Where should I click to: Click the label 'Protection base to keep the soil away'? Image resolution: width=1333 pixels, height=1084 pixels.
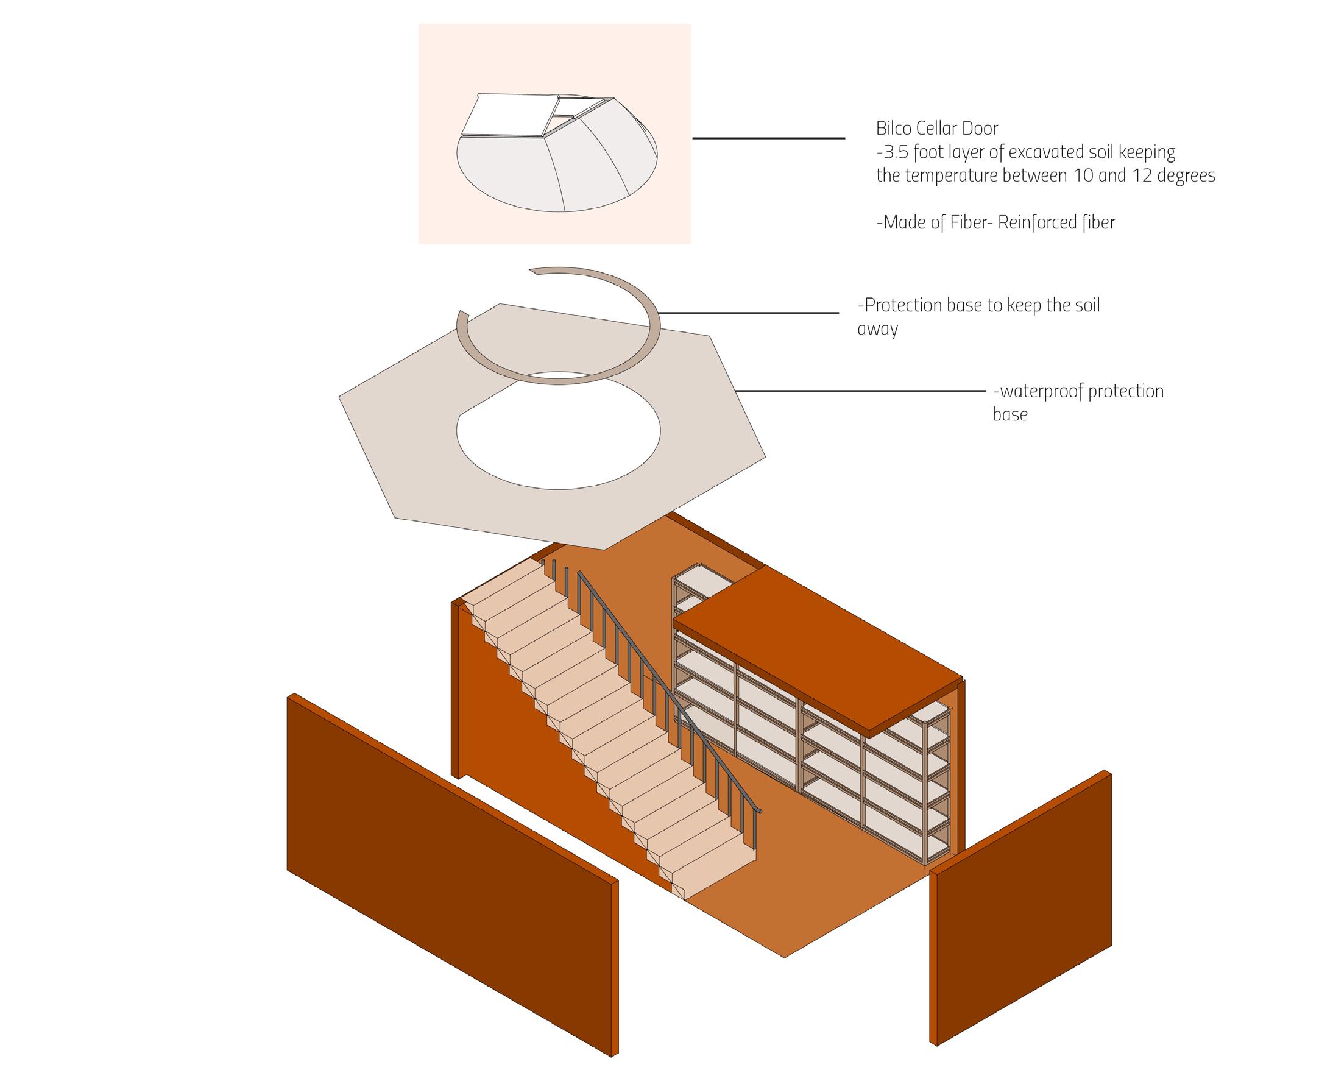[978, 316]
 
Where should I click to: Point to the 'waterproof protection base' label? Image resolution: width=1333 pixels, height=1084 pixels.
[1078, 402]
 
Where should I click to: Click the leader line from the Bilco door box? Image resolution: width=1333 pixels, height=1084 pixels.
[768, 138]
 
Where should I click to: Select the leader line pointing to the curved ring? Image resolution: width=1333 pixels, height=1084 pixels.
[749, 313]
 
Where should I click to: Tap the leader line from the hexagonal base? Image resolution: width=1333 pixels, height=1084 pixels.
[861, 391]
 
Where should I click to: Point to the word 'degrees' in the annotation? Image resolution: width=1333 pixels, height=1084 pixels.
[1186, 176]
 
